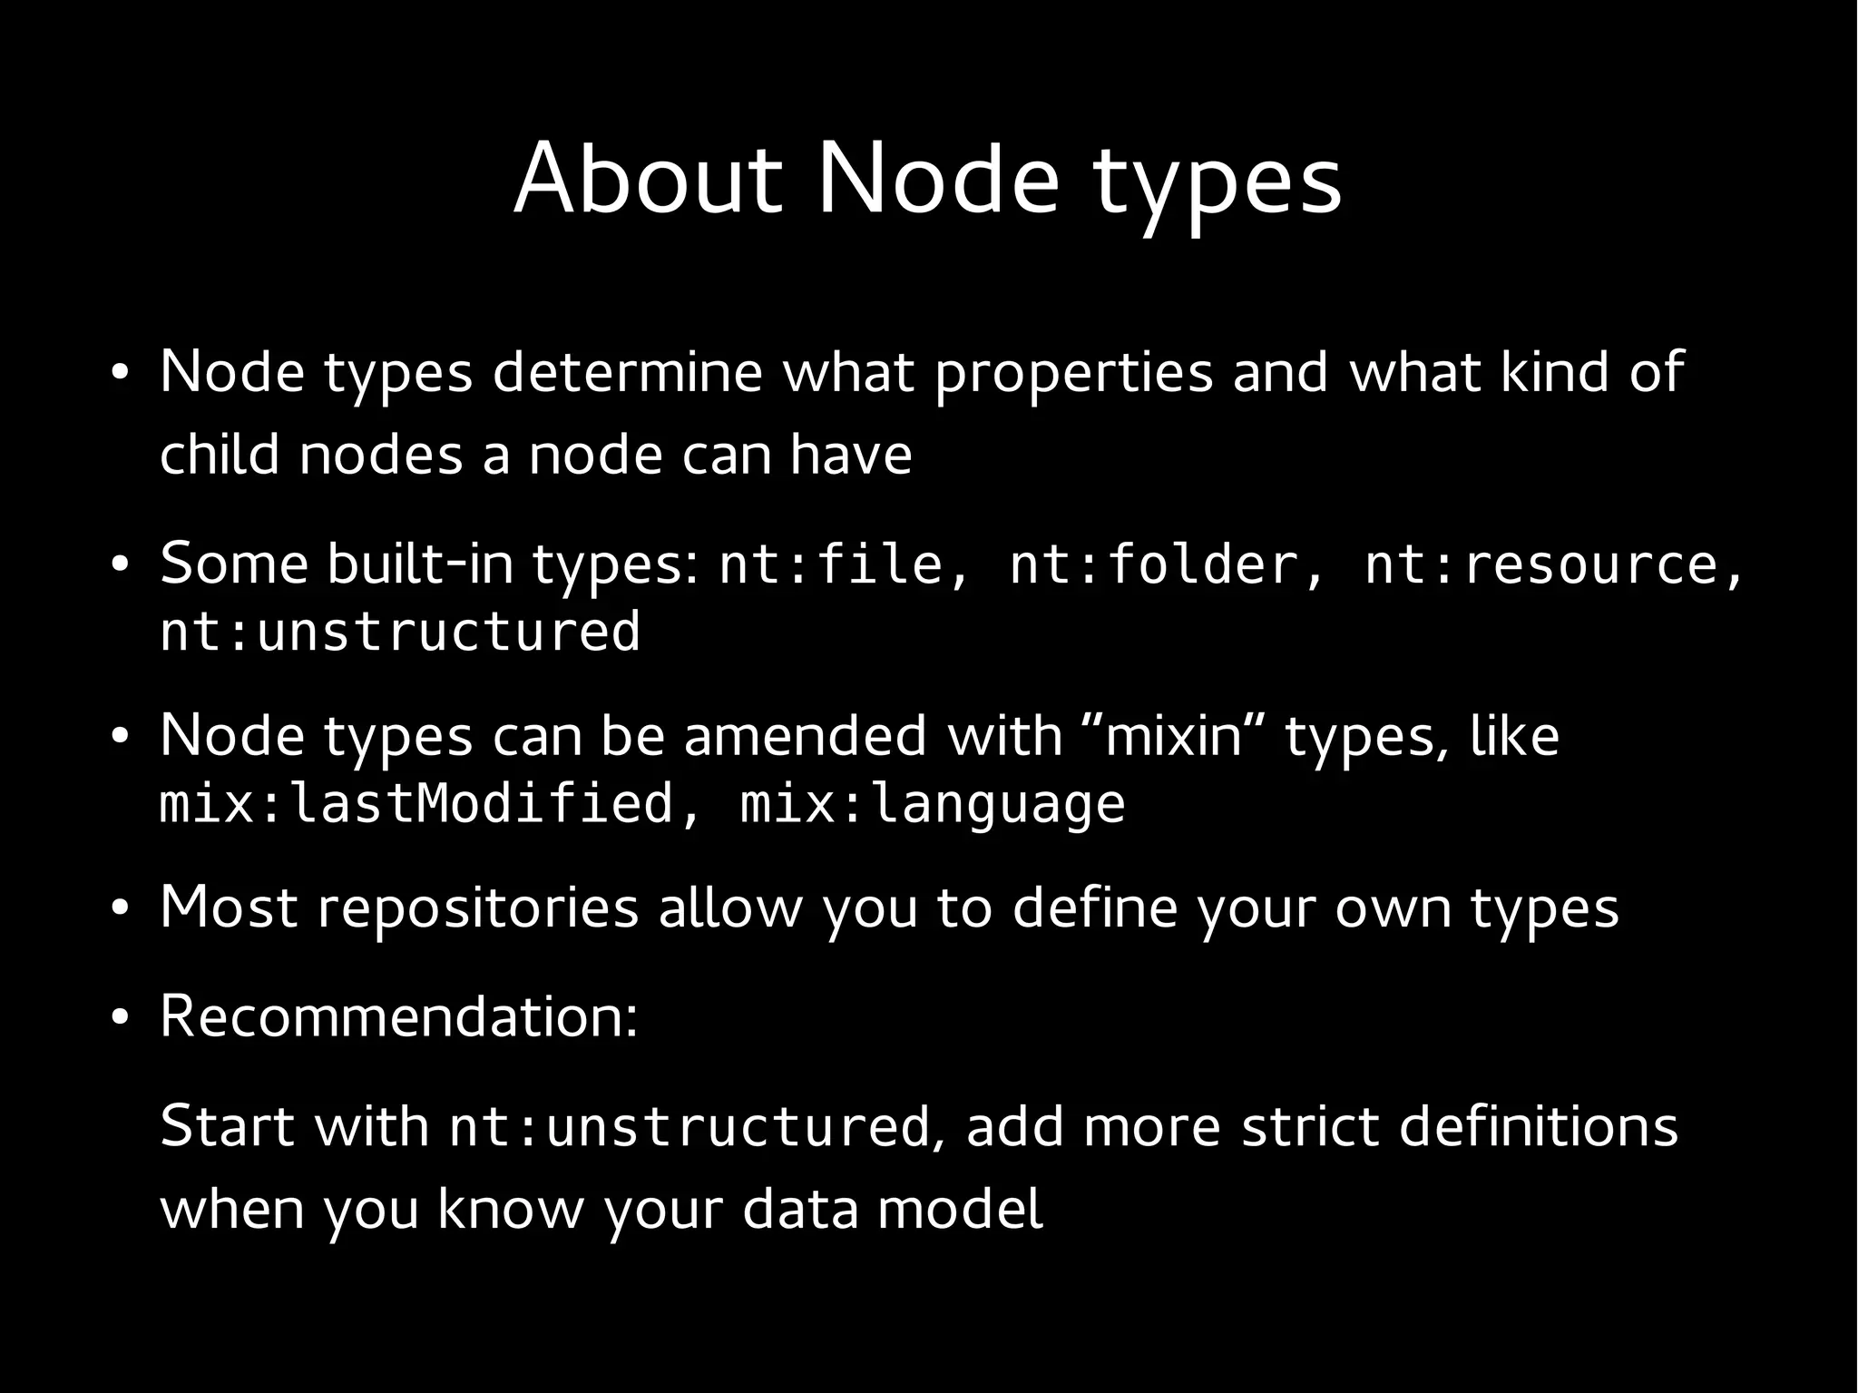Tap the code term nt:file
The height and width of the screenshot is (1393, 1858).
[x=832, y=564]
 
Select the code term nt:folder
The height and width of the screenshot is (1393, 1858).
[x=1155, y=564]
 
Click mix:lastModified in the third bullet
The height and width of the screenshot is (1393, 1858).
[x=416, y=804]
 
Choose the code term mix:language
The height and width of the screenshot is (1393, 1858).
[x=933, y=804]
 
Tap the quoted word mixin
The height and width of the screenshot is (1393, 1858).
[x=1173, y=735]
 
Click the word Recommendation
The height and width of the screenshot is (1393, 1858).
[x=398, y=1016]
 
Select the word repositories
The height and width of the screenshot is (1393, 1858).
[x=478, y=907]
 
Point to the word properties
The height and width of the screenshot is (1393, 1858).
[x=1073, y=372]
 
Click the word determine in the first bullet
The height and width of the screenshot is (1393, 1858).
[x=627, y=372]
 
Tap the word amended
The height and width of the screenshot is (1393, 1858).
[x=805, y=735]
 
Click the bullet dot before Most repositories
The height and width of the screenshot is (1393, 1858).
[x=119, y=909]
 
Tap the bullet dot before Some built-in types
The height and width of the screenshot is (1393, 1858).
[x=119, y=565]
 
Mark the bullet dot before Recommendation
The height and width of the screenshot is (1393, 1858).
[x=119, y=1018]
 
